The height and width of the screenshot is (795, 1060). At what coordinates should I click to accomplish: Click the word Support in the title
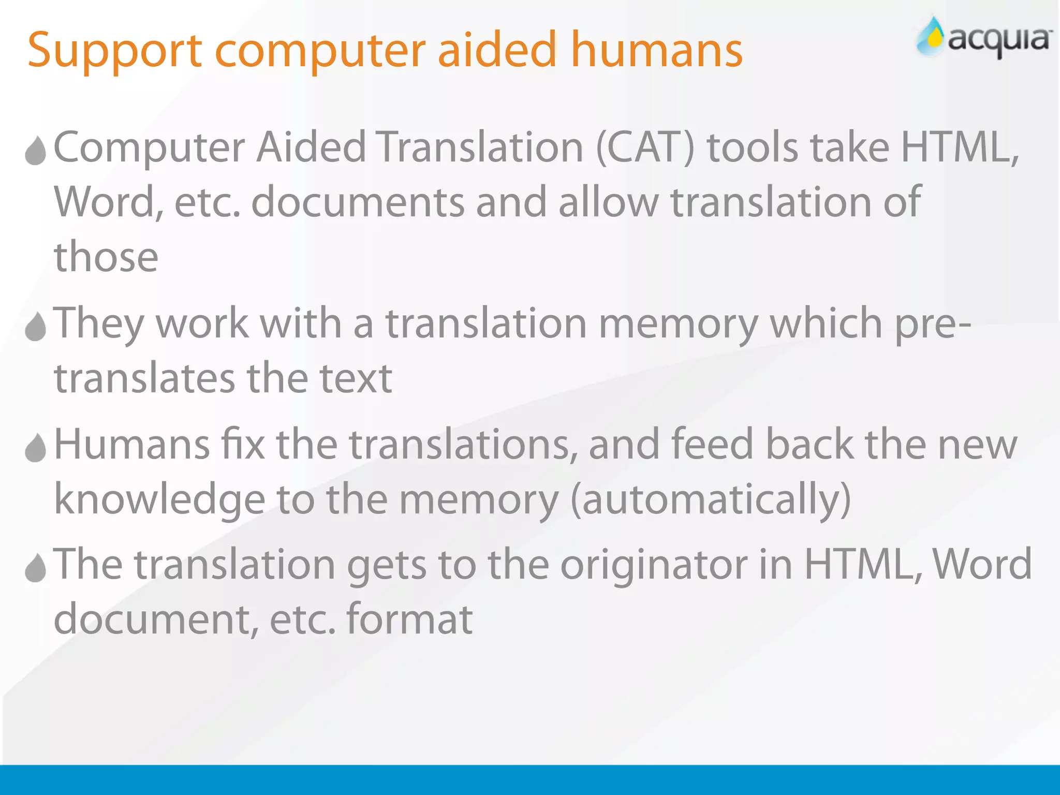coord(114,51)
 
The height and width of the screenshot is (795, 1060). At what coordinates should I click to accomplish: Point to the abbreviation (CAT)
coord(645,148)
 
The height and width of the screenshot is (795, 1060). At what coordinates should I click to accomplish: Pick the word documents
coord(358,202)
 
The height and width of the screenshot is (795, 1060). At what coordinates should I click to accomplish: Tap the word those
coord(106,257)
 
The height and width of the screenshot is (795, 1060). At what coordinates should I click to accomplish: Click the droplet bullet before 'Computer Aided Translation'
coord(36,151)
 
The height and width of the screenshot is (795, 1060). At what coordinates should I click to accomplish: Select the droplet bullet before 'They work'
coord(36,327)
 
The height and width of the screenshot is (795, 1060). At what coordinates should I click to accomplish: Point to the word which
coord(826,323)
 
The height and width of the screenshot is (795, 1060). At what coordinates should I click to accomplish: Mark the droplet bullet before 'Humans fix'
coord(36,448)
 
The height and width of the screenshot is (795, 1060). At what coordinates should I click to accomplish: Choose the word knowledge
coord(159,500)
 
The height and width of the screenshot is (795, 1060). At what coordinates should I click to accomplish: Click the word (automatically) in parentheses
coord(711,500)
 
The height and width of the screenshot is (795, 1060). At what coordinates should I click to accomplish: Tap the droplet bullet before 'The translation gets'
coord(36,568)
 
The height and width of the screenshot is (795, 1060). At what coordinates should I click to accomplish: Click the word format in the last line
coord(409,619)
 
